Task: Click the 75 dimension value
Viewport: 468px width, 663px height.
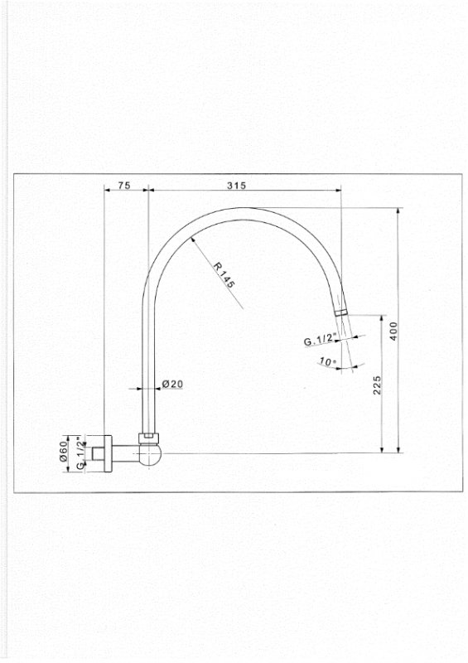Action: [x=124, y=185]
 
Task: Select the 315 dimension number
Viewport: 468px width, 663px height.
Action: [x=236, y=185]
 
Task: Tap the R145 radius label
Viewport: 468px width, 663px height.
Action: [x=223, y=275]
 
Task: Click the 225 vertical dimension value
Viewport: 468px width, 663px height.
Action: [x=377, y=385]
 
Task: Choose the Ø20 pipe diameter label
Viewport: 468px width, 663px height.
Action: [x=172, y=384]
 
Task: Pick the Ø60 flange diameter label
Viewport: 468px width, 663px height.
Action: [x=64, y=451]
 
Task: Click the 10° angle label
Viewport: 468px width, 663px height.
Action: [x=328, y=361]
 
